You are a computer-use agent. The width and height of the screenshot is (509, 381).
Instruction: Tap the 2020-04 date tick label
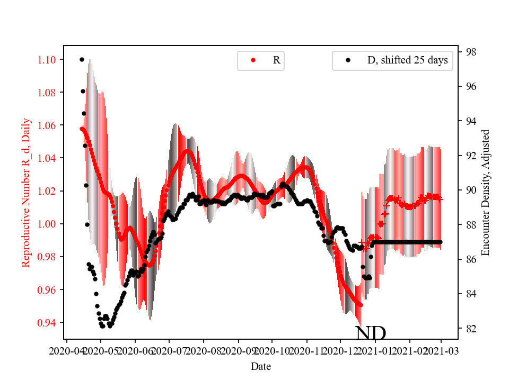(x=66, y=350)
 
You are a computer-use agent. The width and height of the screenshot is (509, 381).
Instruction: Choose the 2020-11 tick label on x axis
(x=307, y=350)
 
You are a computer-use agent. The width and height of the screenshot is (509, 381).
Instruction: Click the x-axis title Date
(x=261, y=366)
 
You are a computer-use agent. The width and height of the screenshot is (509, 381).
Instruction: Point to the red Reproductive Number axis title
(x=26, y=192)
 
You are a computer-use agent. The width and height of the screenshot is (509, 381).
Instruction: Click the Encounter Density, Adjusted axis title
(x=485, y=192)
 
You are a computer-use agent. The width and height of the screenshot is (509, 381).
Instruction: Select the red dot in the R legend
(x=253, y=60)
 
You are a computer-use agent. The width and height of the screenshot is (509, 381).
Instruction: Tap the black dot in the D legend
(x=348, y=60)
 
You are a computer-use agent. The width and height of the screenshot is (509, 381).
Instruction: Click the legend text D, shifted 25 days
(x=407, y=60)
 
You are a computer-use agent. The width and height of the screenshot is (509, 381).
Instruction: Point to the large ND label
(x=370, y=333)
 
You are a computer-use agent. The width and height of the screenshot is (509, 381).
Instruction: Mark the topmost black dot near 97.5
(x=82, y=59)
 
